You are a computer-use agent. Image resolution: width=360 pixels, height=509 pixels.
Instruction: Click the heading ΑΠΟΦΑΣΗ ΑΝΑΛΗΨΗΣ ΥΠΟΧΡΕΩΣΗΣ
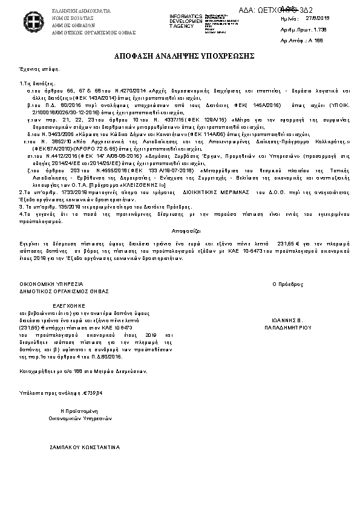point(180,56)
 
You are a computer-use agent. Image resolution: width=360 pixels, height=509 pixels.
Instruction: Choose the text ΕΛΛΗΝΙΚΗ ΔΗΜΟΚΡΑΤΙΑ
point(73,11)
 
